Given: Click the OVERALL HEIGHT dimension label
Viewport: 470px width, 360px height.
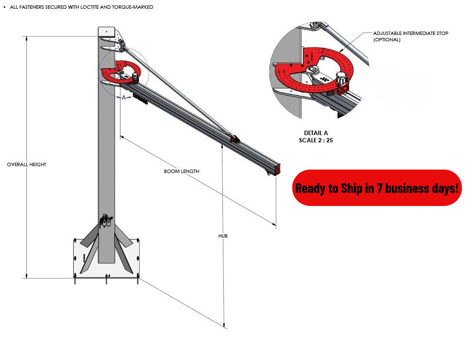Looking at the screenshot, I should tap(27, 165).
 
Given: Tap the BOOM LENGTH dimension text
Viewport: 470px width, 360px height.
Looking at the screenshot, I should tap(181, 171).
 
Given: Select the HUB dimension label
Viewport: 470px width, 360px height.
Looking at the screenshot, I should tap(223, 236).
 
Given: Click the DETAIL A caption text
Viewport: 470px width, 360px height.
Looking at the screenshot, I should tap(316, 133).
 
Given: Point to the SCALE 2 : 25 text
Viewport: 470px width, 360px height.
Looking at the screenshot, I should tap(316, 140).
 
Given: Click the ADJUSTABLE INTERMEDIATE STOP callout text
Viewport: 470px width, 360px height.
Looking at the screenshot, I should tap(410, 34).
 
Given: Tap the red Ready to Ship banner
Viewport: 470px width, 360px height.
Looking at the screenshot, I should tap(377, 188).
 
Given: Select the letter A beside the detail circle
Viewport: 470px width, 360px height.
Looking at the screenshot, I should tap(124, 98).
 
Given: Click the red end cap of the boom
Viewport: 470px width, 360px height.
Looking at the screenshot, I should tap(278, 169).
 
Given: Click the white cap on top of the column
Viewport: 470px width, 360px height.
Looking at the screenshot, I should tap(106, 32).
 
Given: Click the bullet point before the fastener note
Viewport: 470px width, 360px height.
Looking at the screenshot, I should tap(4, 7).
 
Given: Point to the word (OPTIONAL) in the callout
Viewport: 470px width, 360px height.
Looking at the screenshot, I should tap(387, 40).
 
